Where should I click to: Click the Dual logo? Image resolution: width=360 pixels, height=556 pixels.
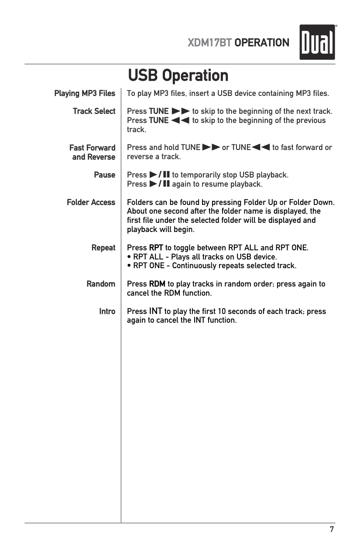(x=317, y=42)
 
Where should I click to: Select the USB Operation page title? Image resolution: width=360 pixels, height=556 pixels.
(x=178, y=75)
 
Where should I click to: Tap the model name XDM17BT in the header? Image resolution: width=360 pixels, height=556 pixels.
(x=209, y=43)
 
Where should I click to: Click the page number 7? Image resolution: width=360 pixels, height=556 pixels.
(x=332, y=529)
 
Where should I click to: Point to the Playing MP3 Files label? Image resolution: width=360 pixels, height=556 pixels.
(x=85, y=93)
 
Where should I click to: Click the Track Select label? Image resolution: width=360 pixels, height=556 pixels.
(x=94, y=111)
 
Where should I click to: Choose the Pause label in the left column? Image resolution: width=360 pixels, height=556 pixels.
(x=105, y=175)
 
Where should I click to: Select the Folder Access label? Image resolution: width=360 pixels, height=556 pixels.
(x=91, y=202)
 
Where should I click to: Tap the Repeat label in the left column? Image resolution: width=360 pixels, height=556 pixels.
(x=103, y=248)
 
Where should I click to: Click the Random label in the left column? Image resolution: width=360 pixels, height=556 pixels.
(x=101, y=284)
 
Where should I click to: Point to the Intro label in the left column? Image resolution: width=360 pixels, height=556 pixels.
(x=107, y=311)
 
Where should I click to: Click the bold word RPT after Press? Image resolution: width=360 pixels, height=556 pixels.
(x=156, y=248)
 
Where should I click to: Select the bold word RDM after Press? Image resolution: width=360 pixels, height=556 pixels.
(x=157, y=284)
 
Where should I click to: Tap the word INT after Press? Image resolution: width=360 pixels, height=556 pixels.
(x=155, y=311)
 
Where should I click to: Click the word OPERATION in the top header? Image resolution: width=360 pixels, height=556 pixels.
(x=262, y=43)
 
